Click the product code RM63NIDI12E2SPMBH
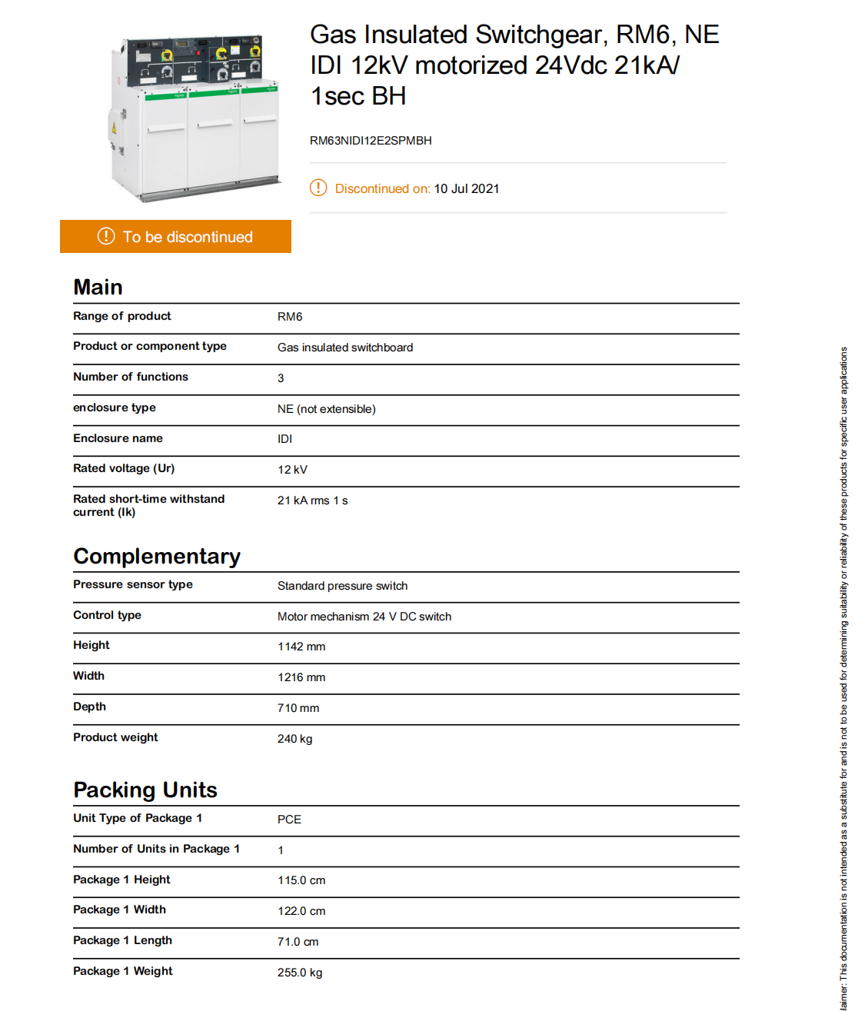click(x=371, y=141)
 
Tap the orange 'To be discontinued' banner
click(x=175, y=237)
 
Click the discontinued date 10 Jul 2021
click(x=466, y=189)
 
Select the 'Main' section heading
click(x=98, y=288)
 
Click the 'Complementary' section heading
click(x=157, y=557)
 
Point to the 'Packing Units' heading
click(x=145, y=790)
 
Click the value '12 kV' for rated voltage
click(x=292, y=470)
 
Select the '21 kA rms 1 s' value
click(x=312, y=501)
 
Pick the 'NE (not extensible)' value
click(x=326, y=409)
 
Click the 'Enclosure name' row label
click(x=118, y=438)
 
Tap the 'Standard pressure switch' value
click(x=342, y=586)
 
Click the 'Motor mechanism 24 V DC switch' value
click(x=364, y=617)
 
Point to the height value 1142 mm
click(x=301, y=647)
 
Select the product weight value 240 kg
click(x=294, y=739)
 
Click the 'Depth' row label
click(x=89, y=707)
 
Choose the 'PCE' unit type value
click(x=289, y=820)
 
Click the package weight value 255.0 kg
click(x=300, y=973)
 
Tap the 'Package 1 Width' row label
click(x=119, y=910)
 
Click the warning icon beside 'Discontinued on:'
click(x=318, y=188)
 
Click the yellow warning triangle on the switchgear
click(x=114, y=128)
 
